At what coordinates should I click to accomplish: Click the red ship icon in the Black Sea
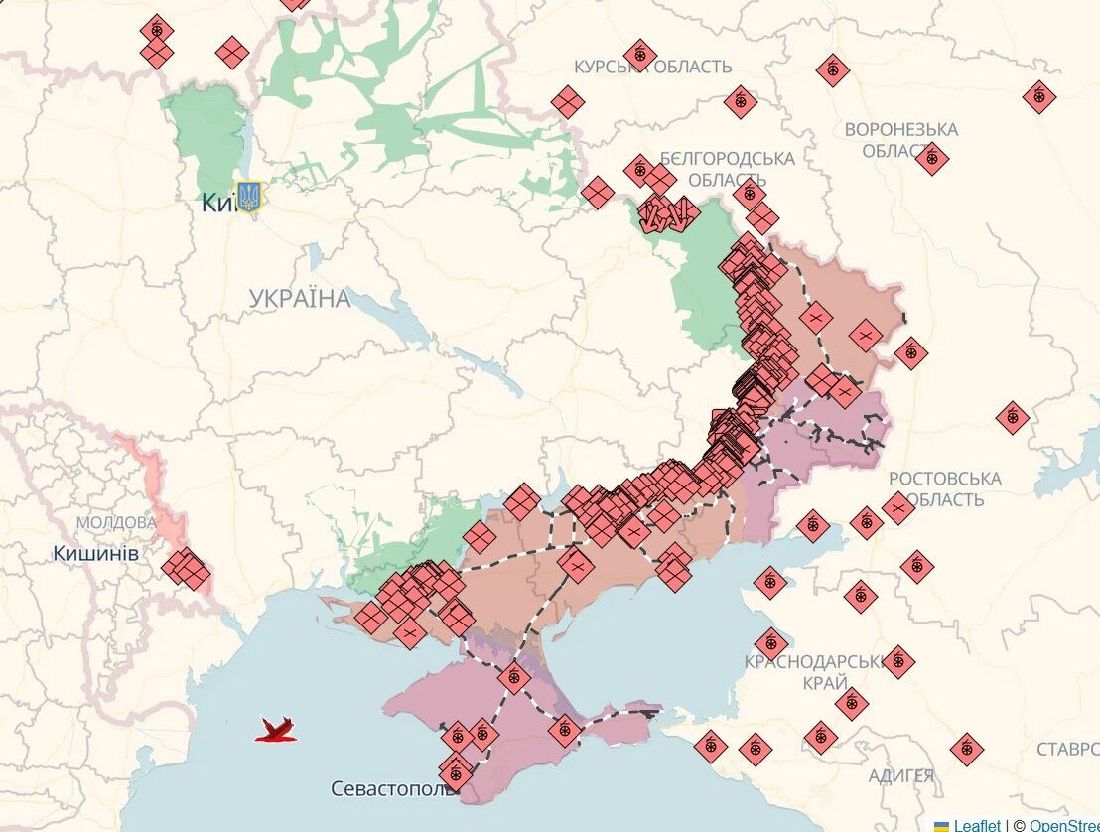pyautogui.click(x=277, y=730)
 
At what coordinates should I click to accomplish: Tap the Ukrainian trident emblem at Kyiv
pyautogui.click(x=249, y=196)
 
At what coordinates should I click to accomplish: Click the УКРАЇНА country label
pyautogui.click(x=299, y=298)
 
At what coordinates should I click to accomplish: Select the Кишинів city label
pyautogui.click(x=95, y=553)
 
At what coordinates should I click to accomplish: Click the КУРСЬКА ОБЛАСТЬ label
pyautogui.click(x=652, y=67)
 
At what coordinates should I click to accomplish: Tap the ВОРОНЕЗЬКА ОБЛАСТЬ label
pyautogui.click(x=900, y=140)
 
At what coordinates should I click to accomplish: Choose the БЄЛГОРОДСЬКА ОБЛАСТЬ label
pyautogui.click(x=728, y=169)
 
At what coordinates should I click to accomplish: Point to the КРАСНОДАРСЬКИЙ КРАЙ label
pyautogui.click(x=814, y=672)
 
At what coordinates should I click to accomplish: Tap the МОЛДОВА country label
pyautogui.click(x=116, y=522)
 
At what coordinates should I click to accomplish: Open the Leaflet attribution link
pyautogui.click(x=977, y=825)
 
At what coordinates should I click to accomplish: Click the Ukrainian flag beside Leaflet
pyautogui.click(x=941, y=825)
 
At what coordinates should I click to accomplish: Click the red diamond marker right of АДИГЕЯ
pyautogui.click(x=966, y=749)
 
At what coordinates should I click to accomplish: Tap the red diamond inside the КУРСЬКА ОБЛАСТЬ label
pyautogui.click(x=639, y=54)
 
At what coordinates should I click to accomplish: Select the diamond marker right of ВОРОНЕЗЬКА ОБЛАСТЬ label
pyautogui.click(x=1038, y=96)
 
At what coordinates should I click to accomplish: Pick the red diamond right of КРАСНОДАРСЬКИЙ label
pyautogui.click(x=897, y=661)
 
